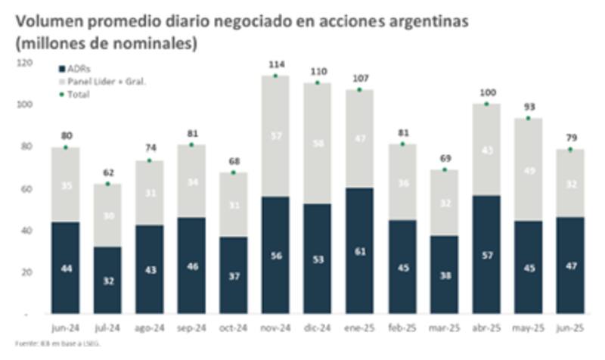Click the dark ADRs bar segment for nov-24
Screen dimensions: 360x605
pos(275,255)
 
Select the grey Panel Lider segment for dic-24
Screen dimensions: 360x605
pos(318,143)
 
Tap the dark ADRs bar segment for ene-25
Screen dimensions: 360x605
pos(360,250)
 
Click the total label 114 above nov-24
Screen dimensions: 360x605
pos(275,65)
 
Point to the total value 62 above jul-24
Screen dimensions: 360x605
pos(107,173)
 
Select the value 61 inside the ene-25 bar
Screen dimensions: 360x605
pos(360,251)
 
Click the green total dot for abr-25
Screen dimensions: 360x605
pos(486,104)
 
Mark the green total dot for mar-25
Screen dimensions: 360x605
pos(444,169)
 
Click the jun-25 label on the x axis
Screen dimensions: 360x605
pos(570,328)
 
